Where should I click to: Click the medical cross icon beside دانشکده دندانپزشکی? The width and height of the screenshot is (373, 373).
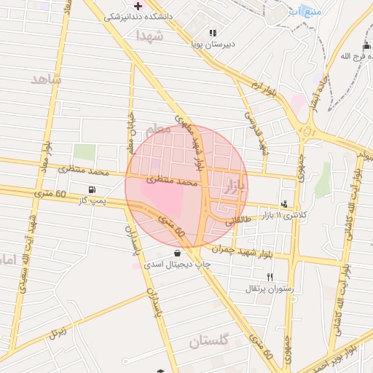[138, 6]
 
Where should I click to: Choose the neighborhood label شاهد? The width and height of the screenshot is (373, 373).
[46, 79]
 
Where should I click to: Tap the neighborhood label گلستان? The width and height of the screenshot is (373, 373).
[209, 340]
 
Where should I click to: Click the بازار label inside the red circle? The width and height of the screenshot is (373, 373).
[237, 180]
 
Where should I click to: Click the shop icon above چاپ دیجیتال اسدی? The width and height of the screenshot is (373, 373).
[178, 253]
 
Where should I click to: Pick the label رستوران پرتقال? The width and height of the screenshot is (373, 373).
[270, 288]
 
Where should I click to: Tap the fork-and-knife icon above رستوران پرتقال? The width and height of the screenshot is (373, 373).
[270, 277]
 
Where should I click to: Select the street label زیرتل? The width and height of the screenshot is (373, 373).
[57, 334]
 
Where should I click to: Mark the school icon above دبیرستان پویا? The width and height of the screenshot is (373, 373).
[213, 33]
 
